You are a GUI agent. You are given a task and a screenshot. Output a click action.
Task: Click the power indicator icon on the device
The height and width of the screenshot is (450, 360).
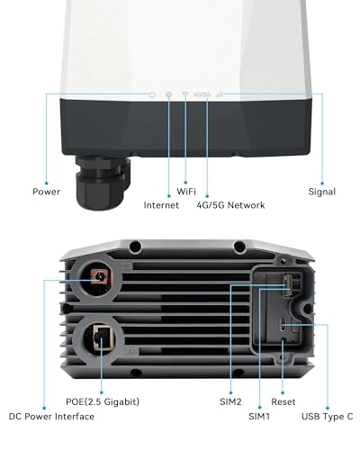(152, 94)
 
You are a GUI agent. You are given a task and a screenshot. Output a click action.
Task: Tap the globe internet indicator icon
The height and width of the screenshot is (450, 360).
(169, 94)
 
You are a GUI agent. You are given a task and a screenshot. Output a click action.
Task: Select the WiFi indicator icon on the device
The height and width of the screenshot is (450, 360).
(185, 94)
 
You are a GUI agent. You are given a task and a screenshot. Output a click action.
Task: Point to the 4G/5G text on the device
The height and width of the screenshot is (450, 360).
(202, 94)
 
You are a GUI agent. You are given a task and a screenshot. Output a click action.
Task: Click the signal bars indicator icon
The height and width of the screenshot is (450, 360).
(219, 94)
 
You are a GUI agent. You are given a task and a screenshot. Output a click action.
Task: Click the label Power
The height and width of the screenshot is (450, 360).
(47, 192)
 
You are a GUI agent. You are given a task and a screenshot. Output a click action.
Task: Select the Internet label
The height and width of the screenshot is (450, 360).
(161, 205)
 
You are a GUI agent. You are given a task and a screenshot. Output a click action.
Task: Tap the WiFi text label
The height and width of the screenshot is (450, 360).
(186, 192)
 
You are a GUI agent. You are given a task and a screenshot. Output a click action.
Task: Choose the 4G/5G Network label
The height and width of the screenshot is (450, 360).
(230, 205)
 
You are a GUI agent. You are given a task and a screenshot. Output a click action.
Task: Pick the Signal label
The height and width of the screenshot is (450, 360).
(321, 192)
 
